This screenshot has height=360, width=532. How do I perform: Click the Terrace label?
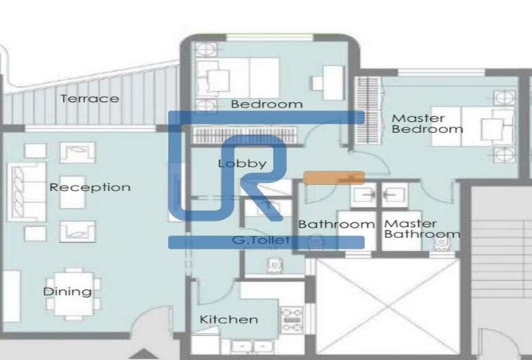pyautogui.click(x=90, y=99)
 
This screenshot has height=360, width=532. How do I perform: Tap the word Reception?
pyautogui.click(x=90, y=187)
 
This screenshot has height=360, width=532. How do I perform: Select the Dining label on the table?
pyautogui.click(x=67, y=292)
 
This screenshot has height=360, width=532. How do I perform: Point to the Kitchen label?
pyautogui.click(x=229, y=319)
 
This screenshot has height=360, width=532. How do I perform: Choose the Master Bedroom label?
pyautogui.click(x=427, y=123)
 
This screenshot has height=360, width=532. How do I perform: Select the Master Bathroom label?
pyautogui.click(x=421, y=229)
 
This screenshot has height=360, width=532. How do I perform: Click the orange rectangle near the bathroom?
pyautogui.click(x=334, y=178)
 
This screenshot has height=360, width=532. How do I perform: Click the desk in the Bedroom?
pyautogui.click(x=333, y=82)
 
